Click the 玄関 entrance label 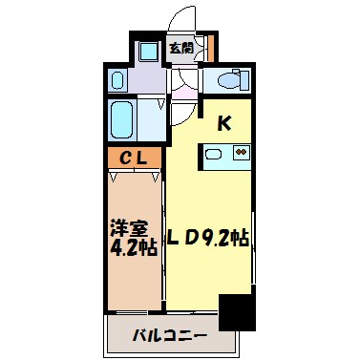pos(180,47)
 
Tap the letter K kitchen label pos(224,122)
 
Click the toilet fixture pos(228,79)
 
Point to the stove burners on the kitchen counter pos(241,152)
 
